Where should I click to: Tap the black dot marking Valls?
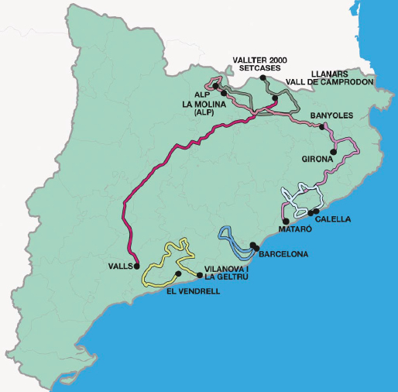136,266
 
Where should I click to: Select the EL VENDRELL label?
194,292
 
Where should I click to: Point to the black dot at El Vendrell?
178,273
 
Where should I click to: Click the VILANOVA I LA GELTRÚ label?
225,273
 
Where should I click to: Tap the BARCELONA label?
283,254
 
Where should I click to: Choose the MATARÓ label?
293,230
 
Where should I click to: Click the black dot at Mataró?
286,221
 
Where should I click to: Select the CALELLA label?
334,219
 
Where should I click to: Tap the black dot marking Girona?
333,151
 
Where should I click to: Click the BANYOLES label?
331,115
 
